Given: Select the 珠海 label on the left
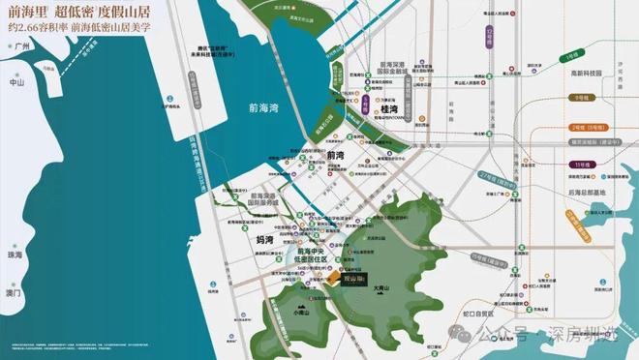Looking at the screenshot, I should click(15, 255).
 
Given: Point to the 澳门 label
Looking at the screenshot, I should click(15, 291).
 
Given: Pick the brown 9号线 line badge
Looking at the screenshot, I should click(582, 98).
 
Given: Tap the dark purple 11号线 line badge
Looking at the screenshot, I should click(581, 165).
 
